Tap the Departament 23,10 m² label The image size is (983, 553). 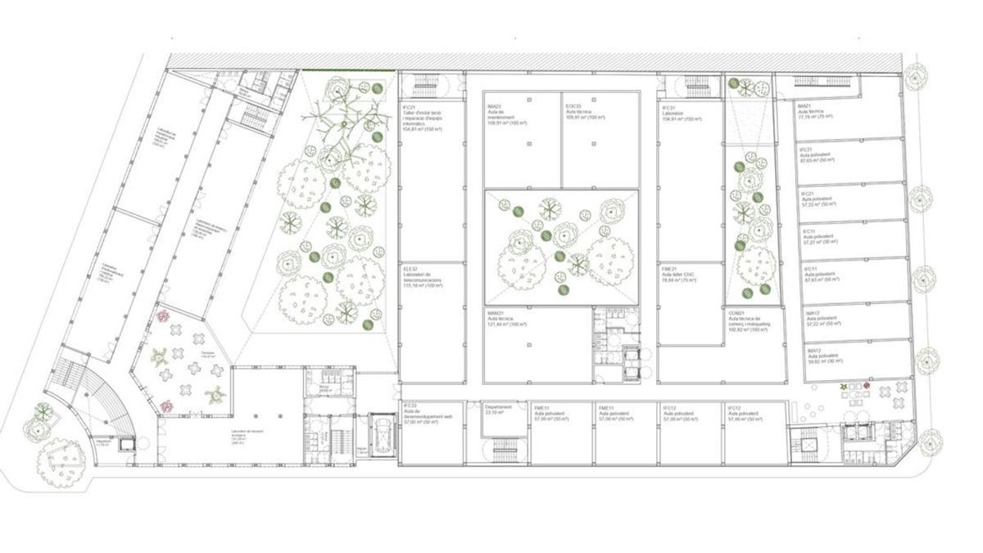tap(498, 410)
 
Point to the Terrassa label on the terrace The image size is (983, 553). tap(192, 356)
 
